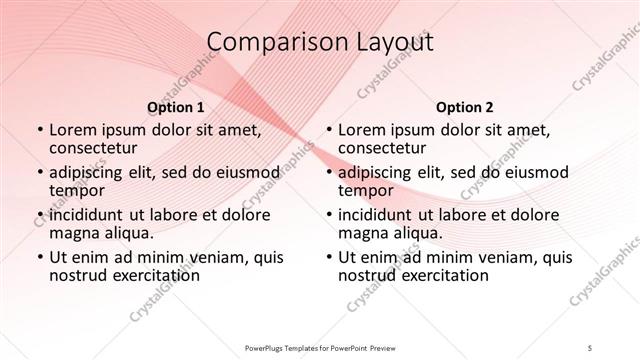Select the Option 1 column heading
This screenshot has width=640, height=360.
176,106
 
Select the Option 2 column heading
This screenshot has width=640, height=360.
463,106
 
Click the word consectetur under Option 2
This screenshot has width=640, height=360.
381,147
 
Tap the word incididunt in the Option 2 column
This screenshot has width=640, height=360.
379,215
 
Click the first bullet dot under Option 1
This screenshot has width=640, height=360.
39,130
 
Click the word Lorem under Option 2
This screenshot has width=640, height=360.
361,129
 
